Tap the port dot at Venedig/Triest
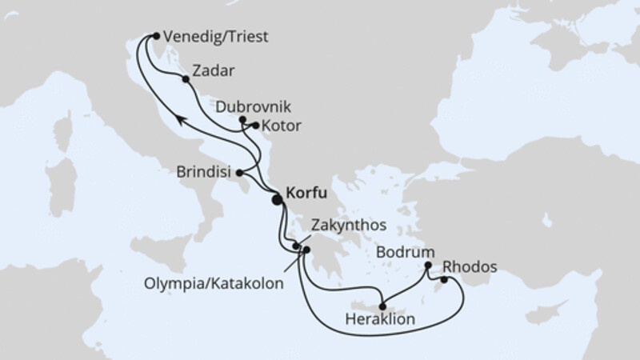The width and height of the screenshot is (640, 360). click(156, 36)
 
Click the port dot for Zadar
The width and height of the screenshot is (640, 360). click(186, 79)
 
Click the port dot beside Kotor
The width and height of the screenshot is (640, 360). click(255, 126)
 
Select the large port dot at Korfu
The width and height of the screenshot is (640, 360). click(278, 201)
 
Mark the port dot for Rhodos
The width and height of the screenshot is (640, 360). click(444, 280)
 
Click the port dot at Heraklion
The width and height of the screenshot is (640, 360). click(383, 305)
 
